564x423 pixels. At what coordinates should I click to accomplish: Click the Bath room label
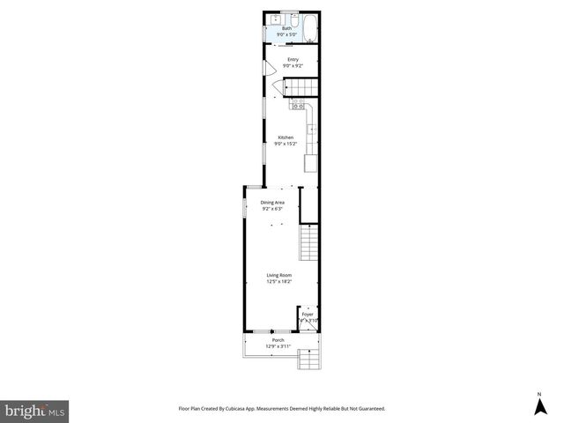[x=286, y=29]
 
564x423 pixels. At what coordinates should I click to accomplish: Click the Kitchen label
[x=286, y=137]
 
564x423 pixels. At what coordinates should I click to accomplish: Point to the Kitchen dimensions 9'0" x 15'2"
[x=286, y=143]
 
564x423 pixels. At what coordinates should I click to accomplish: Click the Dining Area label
[x=272, y=203]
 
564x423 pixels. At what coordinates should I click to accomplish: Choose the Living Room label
[x=279, y=277]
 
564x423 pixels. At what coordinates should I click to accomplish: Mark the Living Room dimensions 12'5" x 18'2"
[x=279, y=282]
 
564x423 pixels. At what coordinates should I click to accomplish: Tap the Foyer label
[x=308, y=314]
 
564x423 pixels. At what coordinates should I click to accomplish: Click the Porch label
[x=278, y=340]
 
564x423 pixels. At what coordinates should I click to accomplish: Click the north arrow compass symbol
[x=539, y=405]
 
